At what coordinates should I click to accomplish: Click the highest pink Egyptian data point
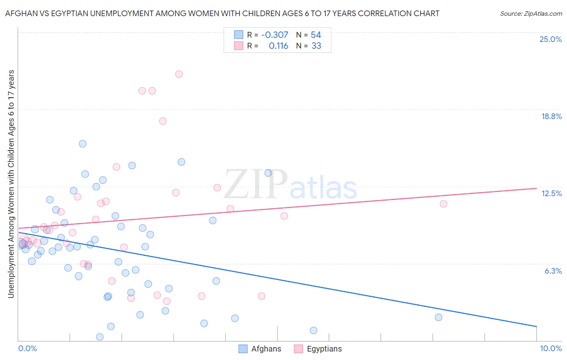point(179,74)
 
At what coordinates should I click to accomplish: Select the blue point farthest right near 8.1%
point(438,317)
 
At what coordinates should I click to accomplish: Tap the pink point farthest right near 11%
point(443,204)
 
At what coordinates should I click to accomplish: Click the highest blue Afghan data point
point(83,144)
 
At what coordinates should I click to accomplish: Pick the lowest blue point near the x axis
point(100,337)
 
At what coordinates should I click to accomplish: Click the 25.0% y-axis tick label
point(550,39)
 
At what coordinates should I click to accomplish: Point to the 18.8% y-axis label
point(551,116)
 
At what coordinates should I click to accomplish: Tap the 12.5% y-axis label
point(551,193)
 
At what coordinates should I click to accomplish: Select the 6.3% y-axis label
point(553,271)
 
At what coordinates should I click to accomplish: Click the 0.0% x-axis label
point(27,348)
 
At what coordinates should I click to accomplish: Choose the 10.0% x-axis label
point(550,348)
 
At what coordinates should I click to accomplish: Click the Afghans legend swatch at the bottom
point(243,349)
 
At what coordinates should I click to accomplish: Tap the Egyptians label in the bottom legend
point(324,349)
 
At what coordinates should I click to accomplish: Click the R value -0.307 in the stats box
point(275,35)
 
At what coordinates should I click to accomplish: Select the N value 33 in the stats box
point(316,46)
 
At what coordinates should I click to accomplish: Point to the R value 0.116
point(278,46)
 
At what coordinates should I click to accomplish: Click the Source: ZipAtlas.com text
point(531,14)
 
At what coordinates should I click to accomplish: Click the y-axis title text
point(11,184)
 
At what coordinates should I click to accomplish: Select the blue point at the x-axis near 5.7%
point(313,331)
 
